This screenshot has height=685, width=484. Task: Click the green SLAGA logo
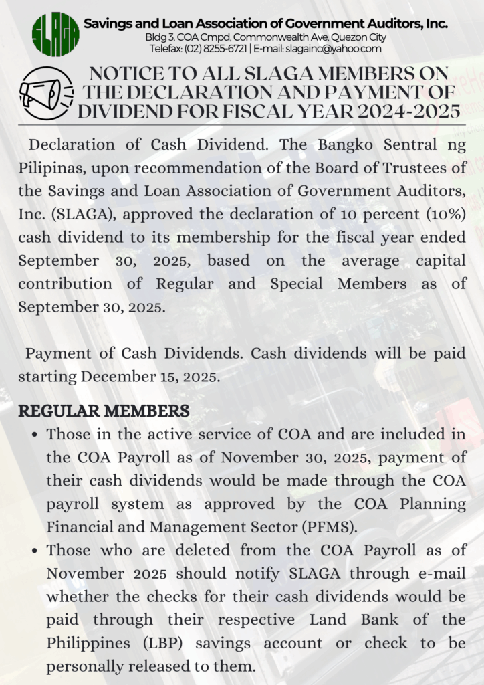click(55, 34)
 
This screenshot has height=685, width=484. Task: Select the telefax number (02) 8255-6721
click(218, 49)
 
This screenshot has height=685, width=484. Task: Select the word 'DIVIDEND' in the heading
click(130, 111)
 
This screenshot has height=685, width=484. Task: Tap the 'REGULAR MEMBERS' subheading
click(104, 411)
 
